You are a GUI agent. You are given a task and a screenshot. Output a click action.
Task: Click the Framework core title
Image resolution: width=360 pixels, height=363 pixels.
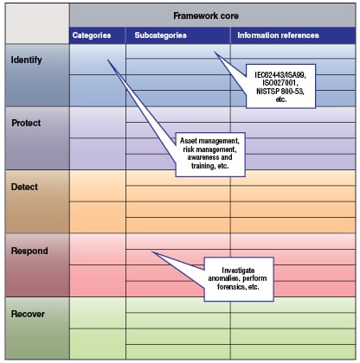(x=206, y=16)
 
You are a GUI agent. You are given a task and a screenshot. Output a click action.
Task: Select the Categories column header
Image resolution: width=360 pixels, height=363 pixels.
(x=92, y=35)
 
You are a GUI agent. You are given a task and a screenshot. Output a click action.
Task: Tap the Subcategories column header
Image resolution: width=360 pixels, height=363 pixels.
(x=160, y=35)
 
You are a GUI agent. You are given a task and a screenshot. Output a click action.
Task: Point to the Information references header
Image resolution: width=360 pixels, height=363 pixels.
(x=278, y=35)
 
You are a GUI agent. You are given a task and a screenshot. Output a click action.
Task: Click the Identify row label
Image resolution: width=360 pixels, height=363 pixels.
(x=26, y=60)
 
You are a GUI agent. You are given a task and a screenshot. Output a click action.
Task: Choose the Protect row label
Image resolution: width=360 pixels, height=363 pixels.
(x=26, y=123)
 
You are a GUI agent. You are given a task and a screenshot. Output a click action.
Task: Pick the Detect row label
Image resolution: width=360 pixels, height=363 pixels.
(x=24, y=187)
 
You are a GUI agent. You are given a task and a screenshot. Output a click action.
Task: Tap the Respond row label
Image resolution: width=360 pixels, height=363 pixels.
(x=29, y=251)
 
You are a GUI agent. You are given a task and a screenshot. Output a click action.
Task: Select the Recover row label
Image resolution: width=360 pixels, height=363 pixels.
(x=28, y=314)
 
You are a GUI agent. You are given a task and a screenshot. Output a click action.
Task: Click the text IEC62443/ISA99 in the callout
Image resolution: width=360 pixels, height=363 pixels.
(x=280, y=75)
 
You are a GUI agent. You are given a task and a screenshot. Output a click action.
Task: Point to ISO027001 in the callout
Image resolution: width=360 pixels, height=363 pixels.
(x=280, y=83)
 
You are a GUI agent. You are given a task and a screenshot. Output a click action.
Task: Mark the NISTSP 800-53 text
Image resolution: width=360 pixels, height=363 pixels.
(x=280, y=91)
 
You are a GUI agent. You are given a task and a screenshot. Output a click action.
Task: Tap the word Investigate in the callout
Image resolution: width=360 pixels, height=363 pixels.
(x=238, y=271)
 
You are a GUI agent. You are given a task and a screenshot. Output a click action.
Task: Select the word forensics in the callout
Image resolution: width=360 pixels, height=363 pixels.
(x=230, y=287)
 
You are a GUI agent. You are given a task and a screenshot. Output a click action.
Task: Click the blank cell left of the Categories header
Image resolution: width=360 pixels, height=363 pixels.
(x=37, y=24)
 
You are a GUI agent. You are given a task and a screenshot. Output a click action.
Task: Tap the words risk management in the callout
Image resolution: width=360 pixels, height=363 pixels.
(x=209, y=150)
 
